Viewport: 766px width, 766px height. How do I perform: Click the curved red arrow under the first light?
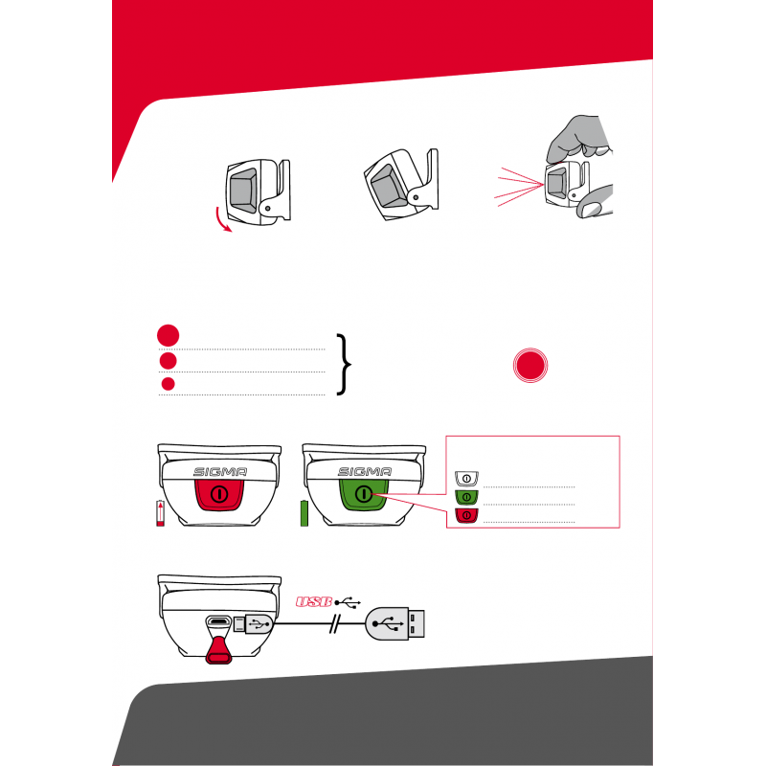tap(221, 221)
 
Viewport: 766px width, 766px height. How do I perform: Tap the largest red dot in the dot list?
tap(169, 336)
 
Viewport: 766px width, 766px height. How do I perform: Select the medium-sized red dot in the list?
tap(169, 361)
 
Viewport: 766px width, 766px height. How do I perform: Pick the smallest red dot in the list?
tap(169, 384)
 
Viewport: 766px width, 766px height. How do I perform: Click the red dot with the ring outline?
tap(530, 366)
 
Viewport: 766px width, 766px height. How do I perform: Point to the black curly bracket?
tap(345, 365)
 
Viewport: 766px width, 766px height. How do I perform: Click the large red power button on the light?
tap(219, 494)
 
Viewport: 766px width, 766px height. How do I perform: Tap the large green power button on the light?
tap(364, 494)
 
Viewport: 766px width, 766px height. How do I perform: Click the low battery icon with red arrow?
tap(160, 513)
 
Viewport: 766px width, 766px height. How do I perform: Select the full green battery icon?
tap(304, 513)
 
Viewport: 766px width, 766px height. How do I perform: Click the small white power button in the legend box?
tap(466, 478)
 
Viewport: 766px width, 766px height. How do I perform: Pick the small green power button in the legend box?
tap(466, 497)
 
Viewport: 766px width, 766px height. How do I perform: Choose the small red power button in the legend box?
tap(466, 515)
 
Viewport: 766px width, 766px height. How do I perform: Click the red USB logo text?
tap(314, 602)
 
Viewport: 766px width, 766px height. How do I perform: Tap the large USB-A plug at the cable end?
tap(395, 624)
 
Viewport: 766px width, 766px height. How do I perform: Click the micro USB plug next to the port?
tap(253, 624)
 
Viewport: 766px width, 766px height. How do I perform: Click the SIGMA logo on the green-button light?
tap(365, 472)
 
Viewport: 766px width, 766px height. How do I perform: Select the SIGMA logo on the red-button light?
tap(220, 472)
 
